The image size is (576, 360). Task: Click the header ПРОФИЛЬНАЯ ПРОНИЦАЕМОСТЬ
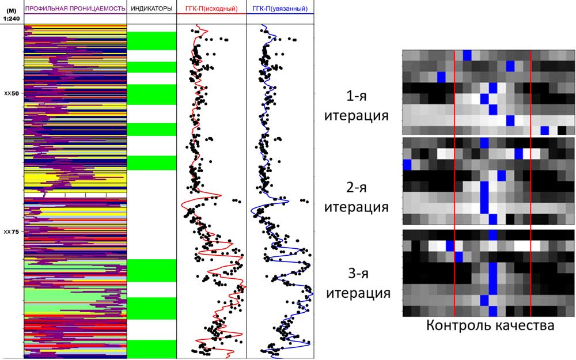(x=75, y=9)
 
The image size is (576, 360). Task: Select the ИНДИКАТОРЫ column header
(x=151, y=9)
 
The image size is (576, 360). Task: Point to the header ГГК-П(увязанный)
(x=280, y=9)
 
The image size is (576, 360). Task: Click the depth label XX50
(x=12, y=93)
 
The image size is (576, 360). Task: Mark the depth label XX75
(x=12, y=232)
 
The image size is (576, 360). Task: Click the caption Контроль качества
(x=490, y=325)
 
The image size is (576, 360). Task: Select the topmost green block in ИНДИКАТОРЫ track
(x=151, y=40)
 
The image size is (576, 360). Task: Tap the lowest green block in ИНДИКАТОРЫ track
(x=151, y=348)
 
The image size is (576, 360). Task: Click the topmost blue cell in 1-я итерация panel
(x=467, y=55)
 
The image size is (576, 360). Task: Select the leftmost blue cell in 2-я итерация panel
(x=407, y=165)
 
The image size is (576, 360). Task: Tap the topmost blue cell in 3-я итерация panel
(x=493, y=235)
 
